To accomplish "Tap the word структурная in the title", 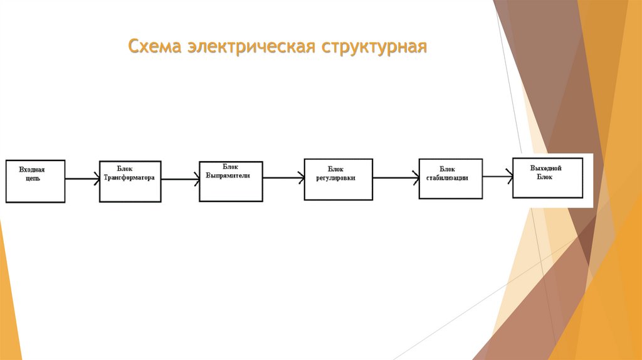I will pyautogui.click(x=375, y=48).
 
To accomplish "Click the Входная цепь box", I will pyautogui.click(x=36, y=181).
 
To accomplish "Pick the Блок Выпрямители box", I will pyautogui.click(x=231, y=181).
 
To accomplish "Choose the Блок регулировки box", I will pyautogui.click(x=338, y=179).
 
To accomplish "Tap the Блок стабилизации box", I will pyautogui.click(x=451, y=179).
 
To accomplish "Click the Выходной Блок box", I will pyautogui.click(x=547, y=177).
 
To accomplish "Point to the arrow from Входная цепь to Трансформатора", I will pyautogui.click(x=82, y=179).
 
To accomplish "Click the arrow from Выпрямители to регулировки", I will pyautogui.click(x=283, y=179).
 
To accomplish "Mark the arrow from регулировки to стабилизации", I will pyautogui.click(x=396, y=179).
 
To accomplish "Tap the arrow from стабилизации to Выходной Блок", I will pyautogui.click(x=498, y=177).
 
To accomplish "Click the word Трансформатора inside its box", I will pyautogui.click(x=129, y=177).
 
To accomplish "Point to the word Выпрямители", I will pyautogui.click(x=228, y=176).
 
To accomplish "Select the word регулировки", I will pyautogui.click(x=336, y=177).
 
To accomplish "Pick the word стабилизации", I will pyautogui.click(x=447, y=178).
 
